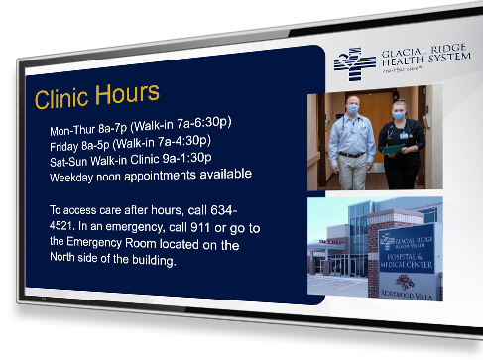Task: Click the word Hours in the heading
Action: pos(129,94)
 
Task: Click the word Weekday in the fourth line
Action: pos(75,179)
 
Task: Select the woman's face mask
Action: pos(400,116)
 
